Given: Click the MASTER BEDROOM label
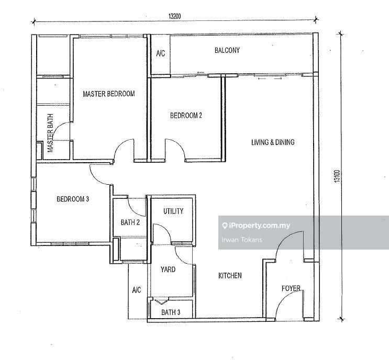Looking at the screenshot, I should tap(109, 94).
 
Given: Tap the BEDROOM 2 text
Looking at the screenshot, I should tap(186, 116).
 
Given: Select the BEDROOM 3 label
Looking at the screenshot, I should tap(73, 199).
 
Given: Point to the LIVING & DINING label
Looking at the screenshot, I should tap(273, 142).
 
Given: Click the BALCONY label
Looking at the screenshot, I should tap(227, 51).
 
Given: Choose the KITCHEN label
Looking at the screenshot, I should tap(230, 275).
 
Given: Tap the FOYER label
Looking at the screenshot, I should tap(291, 288).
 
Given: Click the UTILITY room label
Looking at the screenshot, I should tap(173, 211).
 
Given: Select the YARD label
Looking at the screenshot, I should tap(168, 269).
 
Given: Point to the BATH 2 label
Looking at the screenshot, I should tap(130, 222).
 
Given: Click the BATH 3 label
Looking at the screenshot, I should tap(171, 312).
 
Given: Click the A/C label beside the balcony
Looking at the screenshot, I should tap(160, 53).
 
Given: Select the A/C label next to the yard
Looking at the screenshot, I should tap(137, 289).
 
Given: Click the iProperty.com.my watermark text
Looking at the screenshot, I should tap(259, 226).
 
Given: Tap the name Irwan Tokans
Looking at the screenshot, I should tap(241, 240).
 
